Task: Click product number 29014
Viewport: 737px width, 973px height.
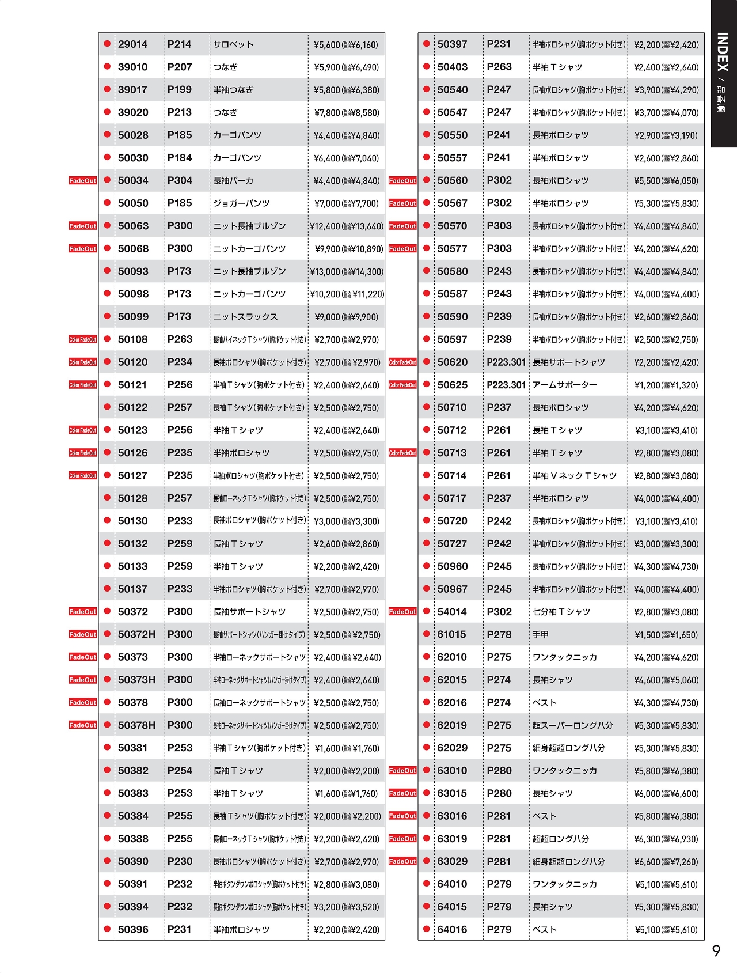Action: [x=132, y=44]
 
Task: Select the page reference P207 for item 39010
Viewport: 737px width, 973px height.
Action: [x=180, y=67]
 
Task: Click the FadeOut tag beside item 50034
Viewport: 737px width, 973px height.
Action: [x=83, y=181]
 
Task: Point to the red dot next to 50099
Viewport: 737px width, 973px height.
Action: [x=107, y=316]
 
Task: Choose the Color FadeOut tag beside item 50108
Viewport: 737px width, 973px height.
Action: [x=83, y=339]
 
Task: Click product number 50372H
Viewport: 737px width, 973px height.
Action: [x=136, y=634]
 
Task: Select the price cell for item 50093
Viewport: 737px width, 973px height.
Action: [x=347, y=271]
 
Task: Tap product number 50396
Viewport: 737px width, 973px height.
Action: [x=133, y=929]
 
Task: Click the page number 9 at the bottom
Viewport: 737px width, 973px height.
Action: [x=716, y=951]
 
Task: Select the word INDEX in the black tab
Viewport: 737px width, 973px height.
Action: [x=723, y=52]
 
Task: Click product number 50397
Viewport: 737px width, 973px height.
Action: [x=452, y=44]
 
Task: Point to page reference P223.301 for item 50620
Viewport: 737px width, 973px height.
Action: [x=506, y=362]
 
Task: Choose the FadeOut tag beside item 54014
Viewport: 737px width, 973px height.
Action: [x=402, y=612]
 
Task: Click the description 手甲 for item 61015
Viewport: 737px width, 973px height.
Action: [x=541, y=634]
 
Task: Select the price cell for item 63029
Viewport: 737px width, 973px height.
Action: [x=666, y=862]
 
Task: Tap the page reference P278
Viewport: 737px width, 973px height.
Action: [x=499, y=634]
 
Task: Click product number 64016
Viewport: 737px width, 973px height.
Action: [x=452, y=929]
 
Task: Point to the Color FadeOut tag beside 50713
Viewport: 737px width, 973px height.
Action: [x=402, y=453]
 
